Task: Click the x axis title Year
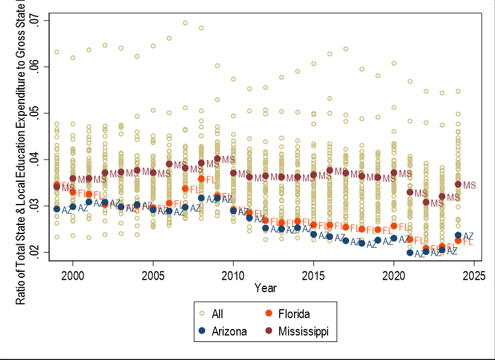point(265,288)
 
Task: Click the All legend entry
point(219,313)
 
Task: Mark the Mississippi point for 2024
point(458,184)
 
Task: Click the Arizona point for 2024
point(458,235)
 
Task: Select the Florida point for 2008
point(201,179)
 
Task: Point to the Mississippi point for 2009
point(217,158)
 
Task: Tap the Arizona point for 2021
point(410,253)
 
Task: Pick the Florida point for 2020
point(394,226)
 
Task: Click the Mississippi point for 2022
point(426,202)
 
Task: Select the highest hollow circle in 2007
point(185,23)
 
